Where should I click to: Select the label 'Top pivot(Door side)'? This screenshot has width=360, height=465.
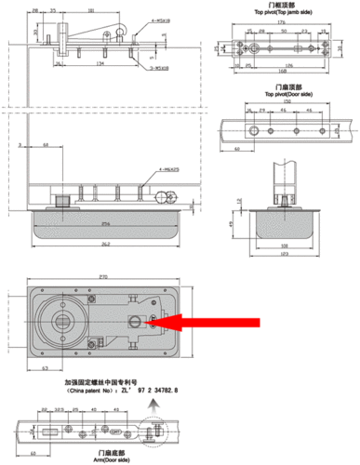(x=273, y=95)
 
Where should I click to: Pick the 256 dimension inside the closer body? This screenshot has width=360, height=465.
(x=100, y=223)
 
